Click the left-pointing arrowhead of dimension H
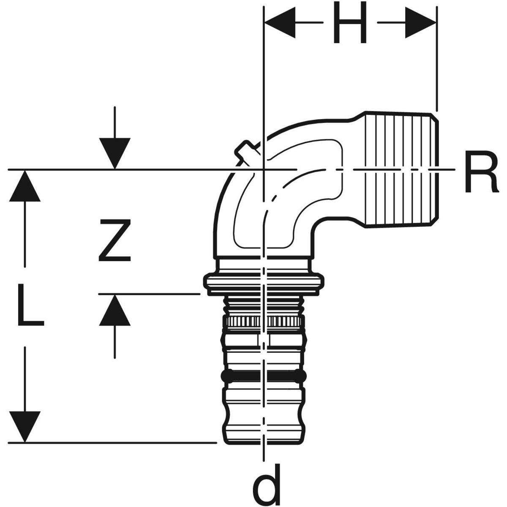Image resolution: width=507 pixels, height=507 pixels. pyautogui.click(x=279, y=23)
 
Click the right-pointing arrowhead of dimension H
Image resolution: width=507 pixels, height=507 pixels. pyautogui.click(x=420, y=23)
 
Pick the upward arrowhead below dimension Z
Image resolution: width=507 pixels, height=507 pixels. pyautogui.click(x=115, y=310)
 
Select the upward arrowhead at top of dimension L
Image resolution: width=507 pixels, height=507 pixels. pyautogui.click(x=25, y=186)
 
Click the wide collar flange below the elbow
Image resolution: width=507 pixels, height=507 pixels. pyautogui.click(x=264, y=282)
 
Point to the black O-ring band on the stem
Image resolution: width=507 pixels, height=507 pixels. pyautogui.click(x=264, y=376)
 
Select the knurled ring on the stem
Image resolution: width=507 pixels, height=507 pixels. pyautogui.click(x=264, y=321)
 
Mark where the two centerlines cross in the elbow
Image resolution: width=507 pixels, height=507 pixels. pyautogui.click(x=264, y=170)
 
